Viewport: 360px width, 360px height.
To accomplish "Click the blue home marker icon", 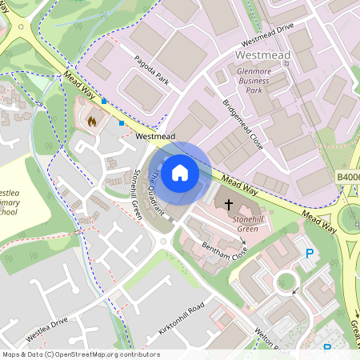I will pos(180,172).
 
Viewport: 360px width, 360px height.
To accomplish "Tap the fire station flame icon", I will pos(91,122).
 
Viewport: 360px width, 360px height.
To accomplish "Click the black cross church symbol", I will pos(230,206).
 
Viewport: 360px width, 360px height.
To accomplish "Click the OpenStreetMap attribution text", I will pos(81,354).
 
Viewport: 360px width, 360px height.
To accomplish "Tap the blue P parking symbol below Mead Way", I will pos(310,254).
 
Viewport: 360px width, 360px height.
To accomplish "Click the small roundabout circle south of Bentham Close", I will pos(286,283).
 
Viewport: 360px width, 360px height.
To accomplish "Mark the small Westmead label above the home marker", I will pos(155,137).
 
